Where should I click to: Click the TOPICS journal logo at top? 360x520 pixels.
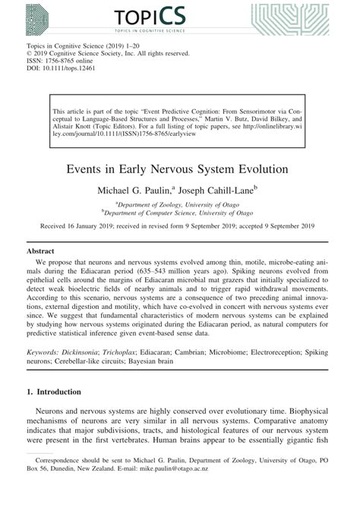181,15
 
